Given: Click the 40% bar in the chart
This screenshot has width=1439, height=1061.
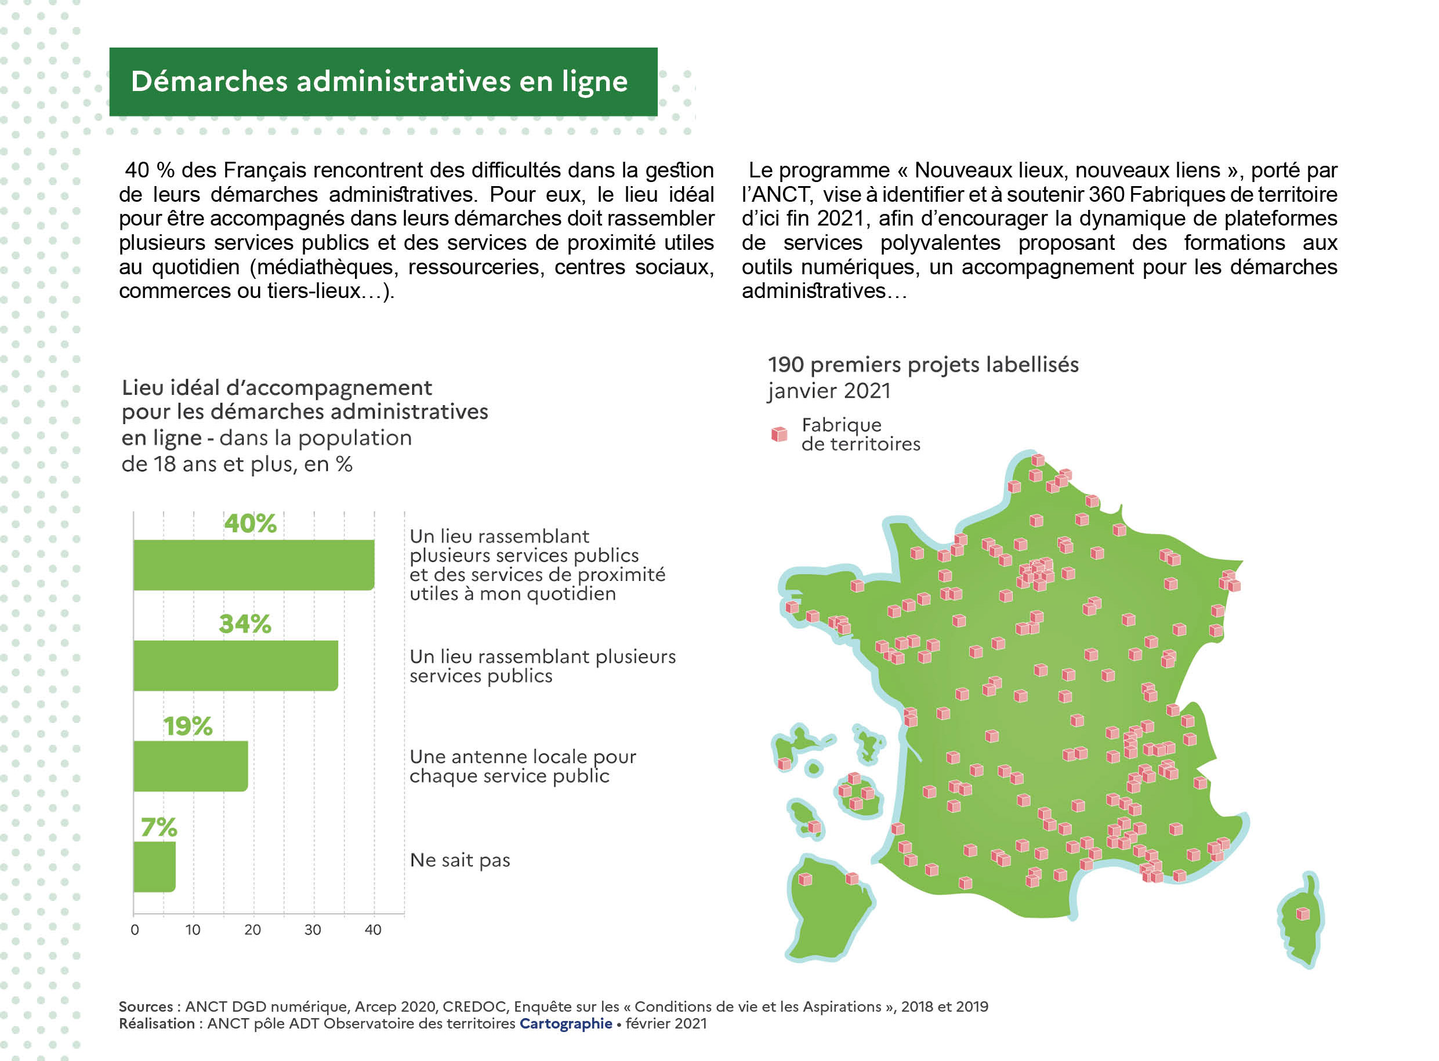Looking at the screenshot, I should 253,565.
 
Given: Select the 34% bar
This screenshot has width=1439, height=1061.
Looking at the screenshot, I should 235,666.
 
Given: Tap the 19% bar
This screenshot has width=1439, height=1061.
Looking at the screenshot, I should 191,766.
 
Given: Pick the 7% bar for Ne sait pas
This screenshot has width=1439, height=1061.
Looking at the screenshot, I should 154,867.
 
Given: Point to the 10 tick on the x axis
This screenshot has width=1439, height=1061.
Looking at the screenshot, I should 193,930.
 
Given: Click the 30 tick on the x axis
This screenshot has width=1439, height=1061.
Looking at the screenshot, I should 313,930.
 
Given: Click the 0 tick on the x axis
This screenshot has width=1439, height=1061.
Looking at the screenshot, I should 135,930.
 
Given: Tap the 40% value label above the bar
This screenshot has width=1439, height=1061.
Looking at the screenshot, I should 251,524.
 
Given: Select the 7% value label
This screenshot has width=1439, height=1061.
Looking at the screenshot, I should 159,827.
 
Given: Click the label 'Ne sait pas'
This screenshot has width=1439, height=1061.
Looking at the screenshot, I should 460,860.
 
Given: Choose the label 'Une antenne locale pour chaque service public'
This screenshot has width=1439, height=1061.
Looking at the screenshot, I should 522,766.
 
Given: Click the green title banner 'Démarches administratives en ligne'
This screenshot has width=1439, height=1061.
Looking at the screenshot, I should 383,82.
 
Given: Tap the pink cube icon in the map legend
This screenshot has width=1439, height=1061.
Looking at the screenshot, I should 780,435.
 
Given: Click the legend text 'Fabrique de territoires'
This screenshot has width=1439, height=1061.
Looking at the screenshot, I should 860,435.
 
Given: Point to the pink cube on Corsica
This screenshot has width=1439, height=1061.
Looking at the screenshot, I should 1303,914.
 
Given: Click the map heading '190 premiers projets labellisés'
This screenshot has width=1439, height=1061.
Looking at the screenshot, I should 923,365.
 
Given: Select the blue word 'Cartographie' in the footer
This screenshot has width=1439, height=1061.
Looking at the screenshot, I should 566,1024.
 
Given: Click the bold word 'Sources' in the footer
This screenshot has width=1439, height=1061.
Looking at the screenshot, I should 146,1007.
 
